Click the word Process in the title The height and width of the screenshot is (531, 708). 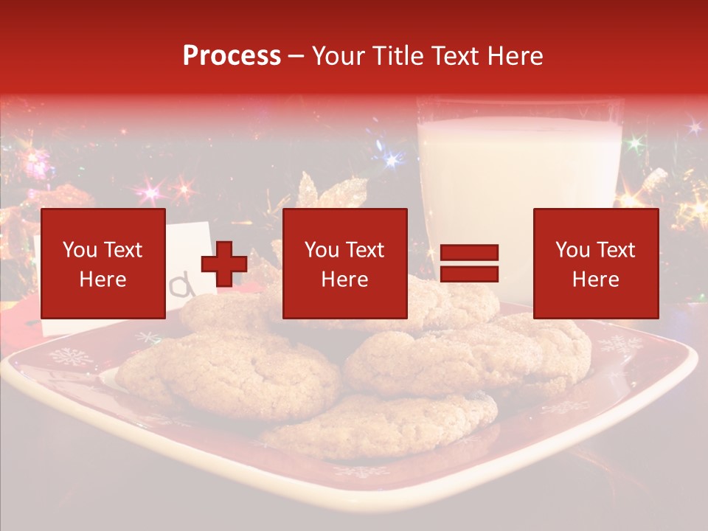click(232, 56)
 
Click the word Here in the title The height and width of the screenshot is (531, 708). click(517, 56)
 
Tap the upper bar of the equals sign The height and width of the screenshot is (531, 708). click(469, 253)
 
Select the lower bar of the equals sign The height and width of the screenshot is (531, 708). click(469, 274)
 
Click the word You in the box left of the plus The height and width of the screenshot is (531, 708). click(79, 250)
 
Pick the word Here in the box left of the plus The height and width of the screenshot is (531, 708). click(103, 280)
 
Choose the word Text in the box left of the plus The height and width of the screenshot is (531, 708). click(122, 250)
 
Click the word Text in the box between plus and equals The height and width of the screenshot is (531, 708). click(364, 250)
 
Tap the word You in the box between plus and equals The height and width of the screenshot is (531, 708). click(322, 250)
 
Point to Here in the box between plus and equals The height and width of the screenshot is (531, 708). click(344, 280)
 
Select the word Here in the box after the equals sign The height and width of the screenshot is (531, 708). click(595, 280)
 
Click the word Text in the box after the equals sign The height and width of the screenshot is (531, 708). click(615, 250)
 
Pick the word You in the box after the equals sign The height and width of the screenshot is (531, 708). click(572, 250)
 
